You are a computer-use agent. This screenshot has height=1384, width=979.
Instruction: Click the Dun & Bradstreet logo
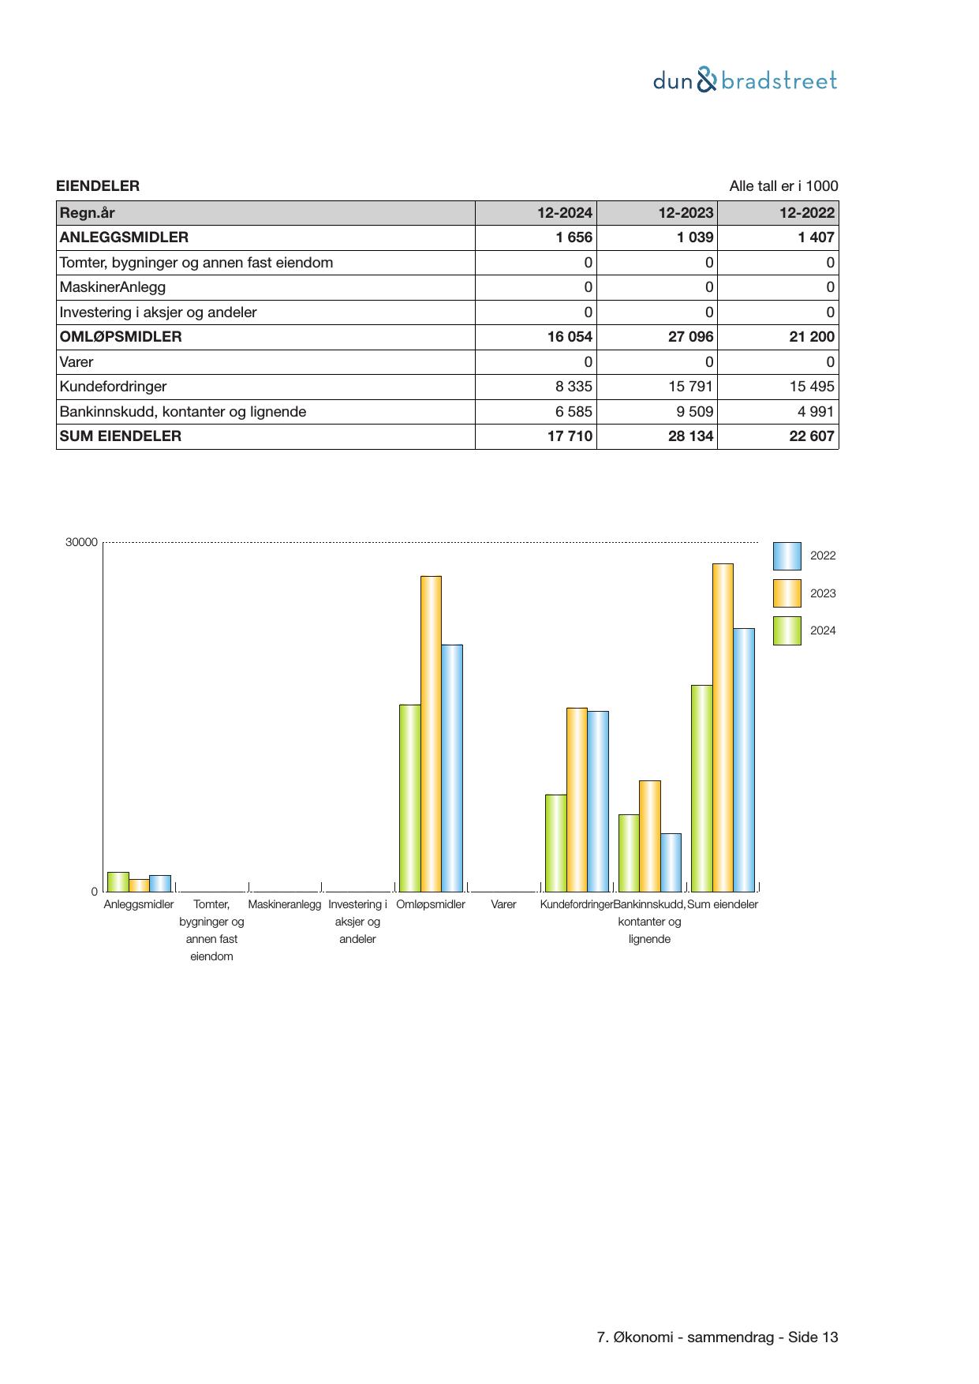click(x=744, y=80)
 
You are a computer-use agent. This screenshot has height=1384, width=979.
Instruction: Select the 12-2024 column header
click(x=565, y=213)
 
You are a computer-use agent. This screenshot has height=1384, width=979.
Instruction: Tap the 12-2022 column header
click(x=806, y=213)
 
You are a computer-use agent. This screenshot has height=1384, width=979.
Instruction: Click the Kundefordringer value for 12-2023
click(x=685, y=387)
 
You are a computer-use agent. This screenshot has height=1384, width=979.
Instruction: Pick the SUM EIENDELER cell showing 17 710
click(x=570, y=436)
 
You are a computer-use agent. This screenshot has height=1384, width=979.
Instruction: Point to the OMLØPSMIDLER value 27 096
click(x=690, y=337)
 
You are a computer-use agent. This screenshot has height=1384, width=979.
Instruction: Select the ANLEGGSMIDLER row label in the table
click(x=124, y=238)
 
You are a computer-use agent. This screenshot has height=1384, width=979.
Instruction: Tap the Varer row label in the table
click(x=77, y=362)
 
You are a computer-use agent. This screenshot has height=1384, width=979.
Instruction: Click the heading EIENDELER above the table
click(x=98, y=186)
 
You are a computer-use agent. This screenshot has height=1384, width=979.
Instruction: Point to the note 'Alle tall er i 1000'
click(x=783, y=186)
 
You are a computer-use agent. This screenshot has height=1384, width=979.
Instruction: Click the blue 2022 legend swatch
click(x=787, y=556)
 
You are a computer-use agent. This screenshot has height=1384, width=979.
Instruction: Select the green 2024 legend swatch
click(x=787, y=631)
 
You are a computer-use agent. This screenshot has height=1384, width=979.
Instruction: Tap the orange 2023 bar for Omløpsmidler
click(x=431, y=734)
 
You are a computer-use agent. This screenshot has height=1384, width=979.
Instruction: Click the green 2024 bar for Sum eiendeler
click(x=701, y=788)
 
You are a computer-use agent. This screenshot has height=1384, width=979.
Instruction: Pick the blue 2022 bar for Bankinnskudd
click(x=671, y=862)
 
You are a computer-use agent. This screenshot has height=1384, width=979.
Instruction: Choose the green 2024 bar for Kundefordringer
click(x=555, y=843)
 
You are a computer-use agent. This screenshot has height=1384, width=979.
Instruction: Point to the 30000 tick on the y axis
click(x=81, y=543)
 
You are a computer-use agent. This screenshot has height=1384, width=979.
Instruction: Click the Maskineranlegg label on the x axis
click(x=285, y=904)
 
